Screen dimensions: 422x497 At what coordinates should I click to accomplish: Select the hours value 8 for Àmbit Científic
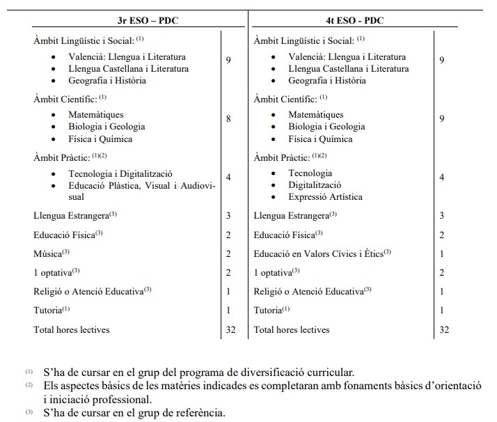tap(228, 119)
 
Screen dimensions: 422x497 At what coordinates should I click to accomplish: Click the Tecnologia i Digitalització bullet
tap(120, 173)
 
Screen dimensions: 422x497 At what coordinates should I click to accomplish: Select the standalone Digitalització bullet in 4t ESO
tap(315, 185)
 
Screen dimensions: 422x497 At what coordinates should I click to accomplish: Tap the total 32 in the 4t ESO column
tap(443, 329)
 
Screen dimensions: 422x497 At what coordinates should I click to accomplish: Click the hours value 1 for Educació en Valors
tap(442, 253)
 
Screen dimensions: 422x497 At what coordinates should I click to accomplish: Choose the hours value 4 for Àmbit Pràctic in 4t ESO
tap(442, 178)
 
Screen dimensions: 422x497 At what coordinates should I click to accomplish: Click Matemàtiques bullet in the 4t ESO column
tap(315, 114)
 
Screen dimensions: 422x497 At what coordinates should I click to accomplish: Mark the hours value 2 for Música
tap(228, 253)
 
